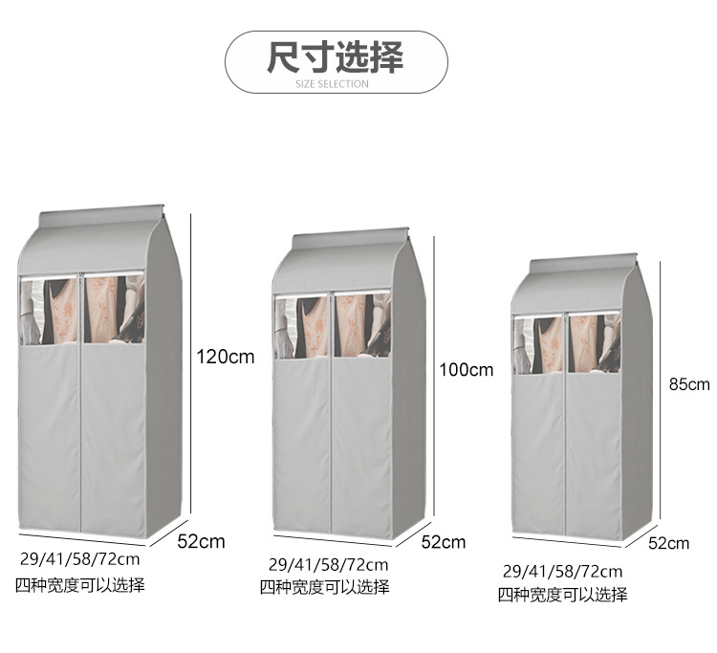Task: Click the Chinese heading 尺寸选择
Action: (336, 56)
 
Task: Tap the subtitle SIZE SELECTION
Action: (332, 84)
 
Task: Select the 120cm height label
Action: (226, 357)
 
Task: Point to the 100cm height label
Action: (467, 369)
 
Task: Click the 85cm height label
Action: (689, 384)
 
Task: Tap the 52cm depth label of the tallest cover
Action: (201, 541)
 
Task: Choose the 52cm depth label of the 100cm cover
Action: (443, 542)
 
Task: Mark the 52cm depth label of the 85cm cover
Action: (668, 543)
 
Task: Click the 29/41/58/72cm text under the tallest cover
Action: (80, 558)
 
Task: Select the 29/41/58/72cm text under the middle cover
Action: (328, 565)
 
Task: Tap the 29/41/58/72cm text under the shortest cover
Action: (562, 572)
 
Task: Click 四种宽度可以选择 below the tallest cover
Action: (80, 585)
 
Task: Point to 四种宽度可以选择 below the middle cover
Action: (325, 587)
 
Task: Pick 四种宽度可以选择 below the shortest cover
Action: (562, 595)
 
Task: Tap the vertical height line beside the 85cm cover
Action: (660, 390)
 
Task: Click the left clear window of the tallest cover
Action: (50, 311)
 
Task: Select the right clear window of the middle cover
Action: (362, 325)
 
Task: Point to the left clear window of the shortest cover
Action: (538, 344)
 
